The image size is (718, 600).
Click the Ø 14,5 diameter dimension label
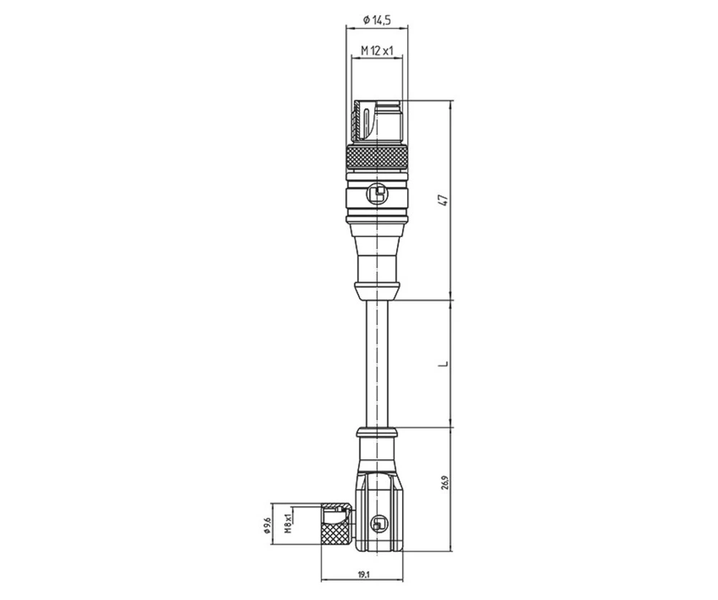click(x=377, y=21)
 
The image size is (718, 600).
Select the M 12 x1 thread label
click(x=377, y=50)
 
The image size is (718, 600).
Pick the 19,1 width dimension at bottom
click(x=363, y=574)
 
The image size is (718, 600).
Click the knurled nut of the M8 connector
click(x=335, y=534)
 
